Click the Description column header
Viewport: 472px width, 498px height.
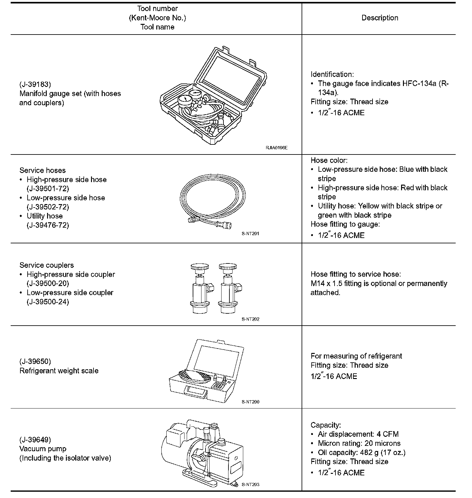pyautogui.click(x=380, y=18)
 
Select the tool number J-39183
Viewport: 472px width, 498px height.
pyautogui.click(x=35, y=84)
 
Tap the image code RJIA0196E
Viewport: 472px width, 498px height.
pyautogui.click(x=276, y=148)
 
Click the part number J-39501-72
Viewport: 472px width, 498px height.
pyautogui.click(x=48, y=189)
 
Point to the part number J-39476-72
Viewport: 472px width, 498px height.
pyautogui.click(x=48, y=225)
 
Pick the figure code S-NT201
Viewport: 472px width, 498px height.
pyautogui.click(x=250, y=234)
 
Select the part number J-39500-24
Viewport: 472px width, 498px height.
pyautogui.click(x=48, y=302)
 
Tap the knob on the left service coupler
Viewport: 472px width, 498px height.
pyautogui.click(x=199, y=268)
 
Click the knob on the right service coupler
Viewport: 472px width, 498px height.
pyautogui.click(x=228, y=268)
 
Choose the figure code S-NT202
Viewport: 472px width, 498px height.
pyautogui.click(x=250, y=319)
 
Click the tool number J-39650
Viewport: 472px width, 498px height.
pyautogui.click(x=35, y=361)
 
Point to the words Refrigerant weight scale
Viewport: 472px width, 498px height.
pyautogui.click(x=59, y=371)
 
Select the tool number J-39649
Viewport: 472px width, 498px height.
pyautogui.click(x=35, y=440)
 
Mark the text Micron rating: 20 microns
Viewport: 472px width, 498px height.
pyautogui.click(x=359, y=443)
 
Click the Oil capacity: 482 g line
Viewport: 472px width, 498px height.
pyautogui.click(x=362, y=452)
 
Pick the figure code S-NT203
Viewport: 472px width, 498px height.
pyautogui.click(x=250, y=484)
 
